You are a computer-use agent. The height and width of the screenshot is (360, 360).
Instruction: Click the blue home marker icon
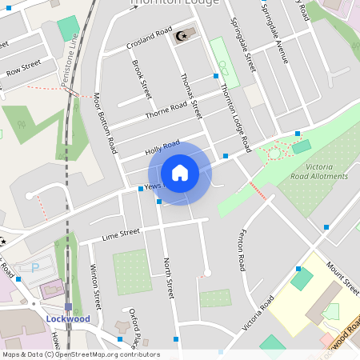point(179,173)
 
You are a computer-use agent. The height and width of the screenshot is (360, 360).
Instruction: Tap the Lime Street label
point(121,234)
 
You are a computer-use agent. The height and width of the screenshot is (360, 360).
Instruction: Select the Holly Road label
point(162,147)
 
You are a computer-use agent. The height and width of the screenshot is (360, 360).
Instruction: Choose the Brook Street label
point(142,79)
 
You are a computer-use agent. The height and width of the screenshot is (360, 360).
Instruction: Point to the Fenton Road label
point(241,250)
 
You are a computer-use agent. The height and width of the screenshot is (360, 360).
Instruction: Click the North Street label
point(168,278)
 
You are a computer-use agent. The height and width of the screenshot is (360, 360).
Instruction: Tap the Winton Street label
point(95,286)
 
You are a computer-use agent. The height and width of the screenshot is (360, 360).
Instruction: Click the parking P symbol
point(34,268)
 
